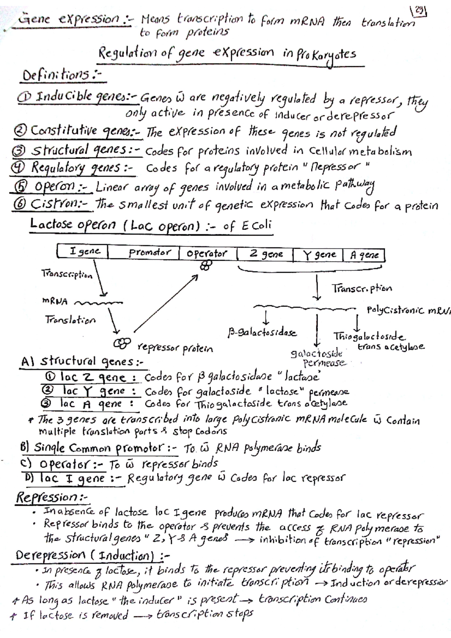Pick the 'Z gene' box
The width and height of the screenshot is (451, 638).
pos(265,254)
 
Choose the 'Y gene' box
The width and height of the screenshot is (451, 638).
pos(319,255)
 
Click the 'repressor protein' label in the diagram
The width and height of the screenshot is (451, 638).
pos(175,348)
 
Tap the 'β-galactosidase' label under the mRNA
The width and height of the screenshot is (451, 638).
pos(262,333)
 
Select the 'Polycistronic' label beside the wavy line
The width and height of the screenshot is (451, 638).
pos(395,310)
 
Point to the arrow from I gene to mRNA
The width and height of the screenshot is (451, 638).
pos(100,278)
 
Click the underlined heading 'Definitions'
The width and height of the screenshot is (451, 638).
pos(56,75)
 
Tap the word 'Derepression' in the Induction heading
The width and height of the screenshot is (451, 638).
pos(51,555)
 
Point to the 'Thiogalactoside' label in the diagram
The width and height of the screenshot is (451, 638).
pos(369,336)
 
